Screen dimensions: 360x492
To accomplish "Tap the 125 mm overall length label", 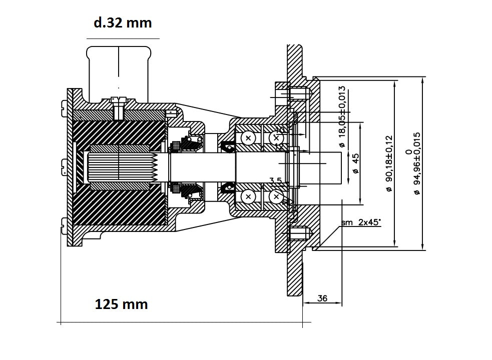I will pos(122,304).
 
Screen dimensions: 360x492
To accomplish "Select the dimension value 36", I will pos(323,298).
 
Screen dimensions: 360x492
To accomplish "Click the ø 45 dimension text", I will pos(355,163).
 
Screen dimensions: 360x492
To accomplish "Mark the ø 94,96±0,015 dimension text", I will pos(417,163).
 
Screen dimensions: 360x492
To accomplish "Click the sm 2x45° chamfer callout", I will pos(361,222).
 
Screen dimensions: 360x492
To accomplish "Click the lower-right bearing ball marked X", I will pos(276,197).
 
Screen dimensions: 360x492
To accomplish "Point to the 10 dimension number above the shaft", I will pos(280,130).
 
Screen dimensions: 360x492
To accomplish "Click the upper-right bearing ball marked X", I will pos(276,138).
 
